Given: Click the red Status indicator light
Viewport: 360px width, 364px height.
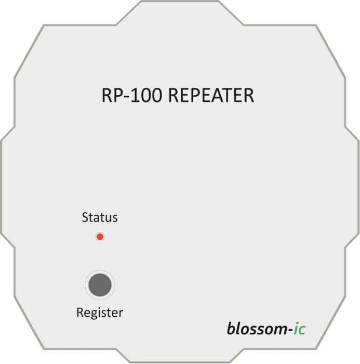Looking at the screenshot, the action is (x=100, y=237).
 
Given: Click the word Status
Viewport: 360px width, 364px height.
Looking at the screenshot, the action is (x=100, y=217).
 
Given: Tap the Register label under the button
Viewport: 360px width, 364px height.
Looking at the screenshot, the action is (x=100, y=313).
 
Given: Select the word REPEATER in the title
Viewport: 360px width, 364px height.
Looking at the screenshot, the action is (x=211, y=95).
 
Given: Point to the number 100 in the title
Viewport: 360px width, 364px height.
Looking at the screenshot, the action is (x=146, y=95).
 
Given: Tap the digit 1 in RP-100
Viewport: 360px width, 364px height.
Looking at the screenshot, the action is (x=135, y=95).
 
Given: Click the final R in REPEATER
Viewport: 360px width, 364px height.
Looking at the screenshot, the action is (x=248, y=95).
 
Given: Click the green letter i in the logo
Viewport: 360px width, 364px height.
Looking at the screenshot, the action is (x=296, y=329).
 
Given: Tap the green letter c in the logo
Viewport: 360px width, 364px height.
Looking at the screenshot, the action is (x=301, y=330).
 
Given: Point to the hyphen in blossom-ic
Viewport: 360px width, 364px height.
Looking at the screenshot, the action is (x=290, y=331).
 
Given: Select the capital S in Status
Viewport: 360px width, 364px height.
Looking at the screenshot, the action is (x=85, y=217).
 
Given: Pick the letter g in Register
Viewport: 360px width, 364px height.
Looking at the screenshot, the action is (x=92, y=315).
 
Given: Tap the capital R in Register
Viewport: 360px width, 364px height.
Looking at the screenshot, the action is (x=80, y=313).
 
